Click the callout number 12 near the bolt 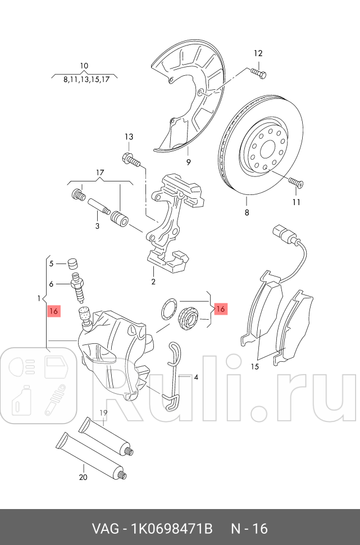click(x=258, y=54)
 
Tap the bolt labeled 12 click(x=258, y=73)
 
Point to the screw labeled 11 click(x=295, y=183)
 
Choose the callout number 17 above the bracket click(x=100, y=172)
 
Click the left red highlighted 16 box click(x=54, y=311)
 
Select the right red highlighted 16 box click(x=220, y=309)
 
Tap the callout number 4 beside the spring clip click(x=196, y=377)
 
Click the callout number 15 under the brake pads click(x=254, y=367)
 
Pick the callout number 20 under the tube click(x=83, y=478)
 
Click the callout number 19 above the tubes click(x=103, y=414)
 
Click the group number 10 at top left click(x=84, y=66)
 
